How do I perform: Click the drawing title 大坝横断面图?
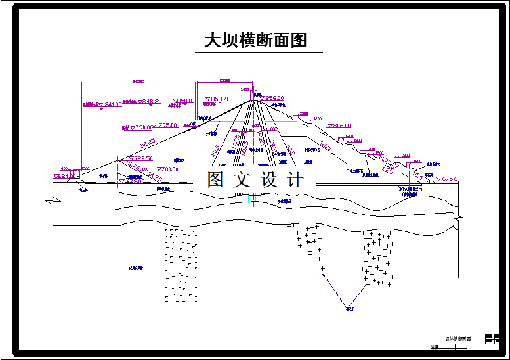pyautogui.click(x=256, y=41)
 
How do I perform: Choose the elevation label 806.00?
pyautogui.click(x=341, y=125)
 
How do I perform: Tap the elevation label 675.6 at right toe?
pyautogui.click(x=449, y=179)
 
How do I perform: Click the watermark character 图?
pyautogui.click(x=215, y=180)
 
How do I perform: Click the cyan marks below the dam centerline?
pyautogui.click(x=252, y=197)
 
